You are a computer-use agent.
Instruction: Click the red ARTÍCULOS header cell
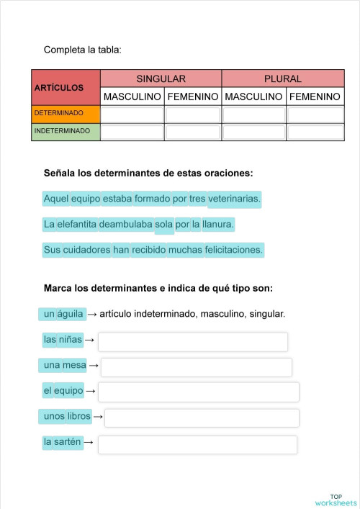coord(66,88)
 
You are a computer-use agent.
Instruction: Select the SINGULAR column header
coord(161,78)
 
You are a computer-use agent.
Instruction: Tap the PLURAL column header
coord(283,78)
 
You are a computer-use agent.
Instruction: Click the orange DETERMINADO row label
coord(66,114)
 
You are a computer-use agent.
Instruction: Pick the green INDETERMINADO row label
coord(66,131)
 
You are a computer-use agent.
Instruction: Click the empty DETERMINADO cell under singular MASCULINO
coord(132,114)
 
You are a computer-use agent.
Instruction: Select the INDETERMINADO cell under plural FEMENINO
coord(315,132)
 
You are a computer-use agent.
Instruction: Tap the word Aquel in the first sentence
coord(55,198)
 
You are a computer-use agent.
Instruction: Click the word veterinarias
coord(234,198)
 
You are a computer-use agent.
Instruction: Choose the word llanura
coord(218,225)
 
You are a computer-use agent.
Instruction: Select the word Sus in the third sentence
coord(51,250)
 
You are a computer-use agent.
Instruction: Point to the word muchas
coord(186,250)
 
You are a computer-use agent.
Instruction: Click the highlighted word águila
coord(71,314)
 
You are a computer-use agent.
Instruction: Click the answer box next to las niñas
coord(192,341)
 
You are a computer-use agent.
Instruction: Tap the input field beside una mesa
coord(196,367)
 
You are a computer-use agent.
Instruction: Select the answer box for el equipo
coord(198,392)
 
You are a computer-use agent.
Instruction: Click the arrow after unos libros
coord(98,417)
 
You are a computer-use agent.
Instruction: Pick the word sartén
coord(70,441)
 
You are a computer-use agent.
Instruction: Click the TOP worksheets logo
coord(336,500)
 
